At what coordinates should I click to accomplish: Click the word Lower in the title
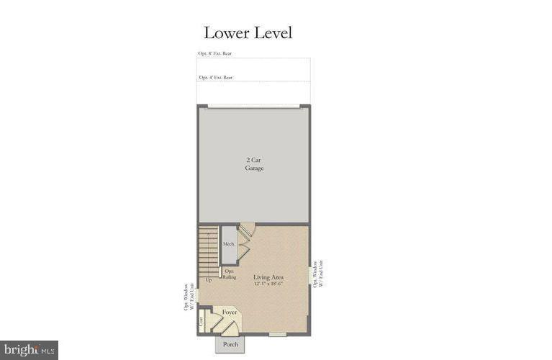click(x=226, y=32)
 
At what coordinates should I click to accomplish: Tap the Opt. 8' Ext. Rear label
click(x=215, y=53)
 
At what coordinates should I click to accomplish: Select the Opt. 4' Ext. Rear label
click(x=215, y=77)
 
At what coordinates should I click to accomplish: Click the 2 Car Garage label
click(x=253, y=163)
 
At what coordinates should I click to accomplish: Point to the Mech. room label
click(x=229, y=245)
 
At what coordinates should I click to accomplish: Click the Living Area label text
click(x=268, y=276)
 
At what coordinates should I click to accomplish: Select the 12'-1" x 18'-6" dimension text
click(x=268, y=284)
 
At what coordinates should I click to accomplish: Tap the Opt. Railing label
click(x=230, y=274)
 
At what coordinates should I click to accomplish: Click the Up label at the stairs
click(x=209, y=279)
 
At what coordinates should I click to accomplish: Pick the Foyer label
click(x=230, y=312)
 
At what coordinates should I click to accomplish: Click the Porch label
click(x=230, y=344)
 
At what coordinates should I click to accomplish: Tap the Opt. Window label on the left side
click(x=189, y=297)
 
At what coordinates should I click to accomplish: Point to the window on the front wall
click(x=278, y=333)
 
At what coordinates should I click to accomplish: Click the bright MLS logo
click(x=29, y=350)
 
